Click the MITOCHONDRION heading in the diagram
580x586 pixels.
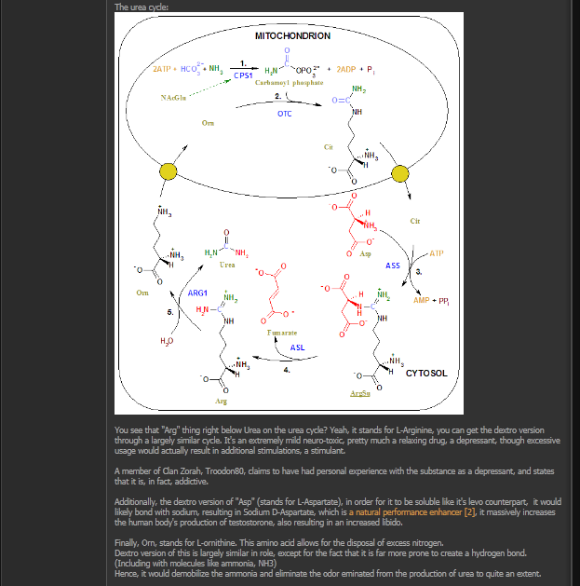coord(292,36)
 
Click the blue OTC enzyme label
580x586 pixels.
coord(285,114)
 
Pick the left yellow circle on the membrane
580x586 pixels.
coord(169,171)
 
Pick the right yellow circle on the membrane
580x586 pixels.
coord(402,172)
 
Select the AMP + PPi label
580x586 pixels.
coord(431,301)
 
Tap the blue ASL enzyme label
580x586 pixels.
coord(297,348)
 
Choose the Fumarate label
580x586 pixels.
coord(281,333)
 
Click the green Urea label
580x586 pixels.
coord(226,265)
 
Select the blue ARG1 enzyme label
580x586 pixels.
coord(197,293)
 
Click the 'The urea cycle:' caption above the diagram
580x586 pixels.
coord(142,7)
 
